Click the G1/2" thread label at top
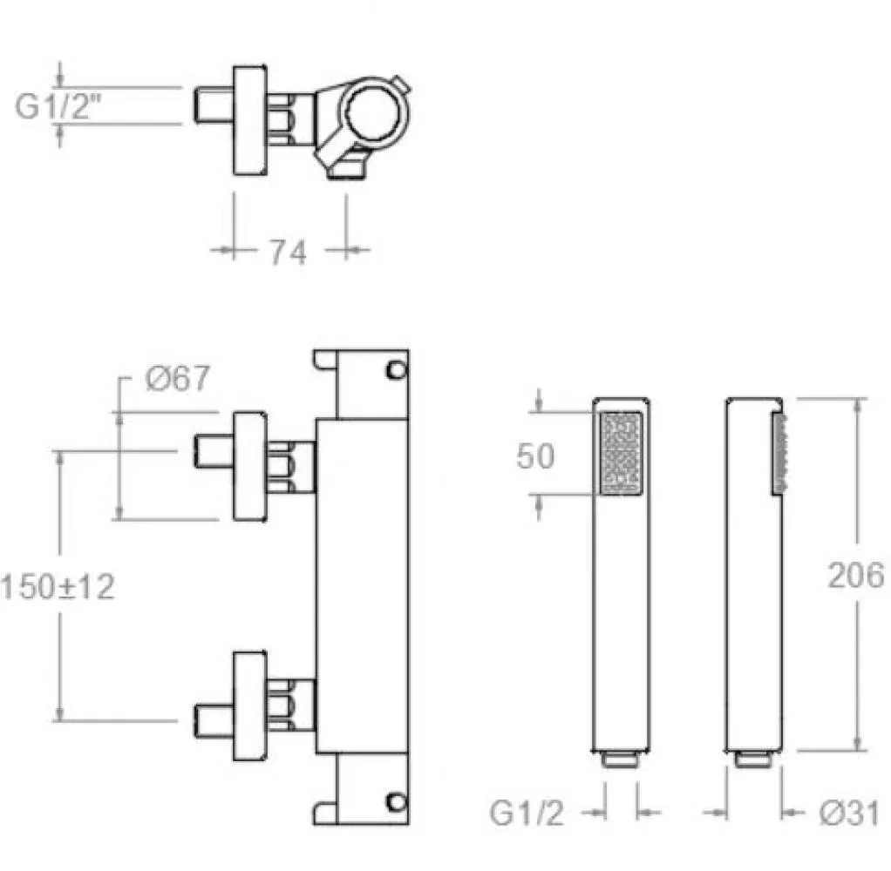58,105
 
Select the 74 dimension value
288,252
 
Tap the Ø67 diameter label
178,378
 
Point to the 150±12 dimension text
58,586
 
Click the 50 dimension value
534,456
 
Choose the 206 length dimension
856,575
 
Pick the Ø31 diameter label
849,814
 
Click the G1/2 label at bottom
527,814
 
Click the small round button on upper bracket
396,371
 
